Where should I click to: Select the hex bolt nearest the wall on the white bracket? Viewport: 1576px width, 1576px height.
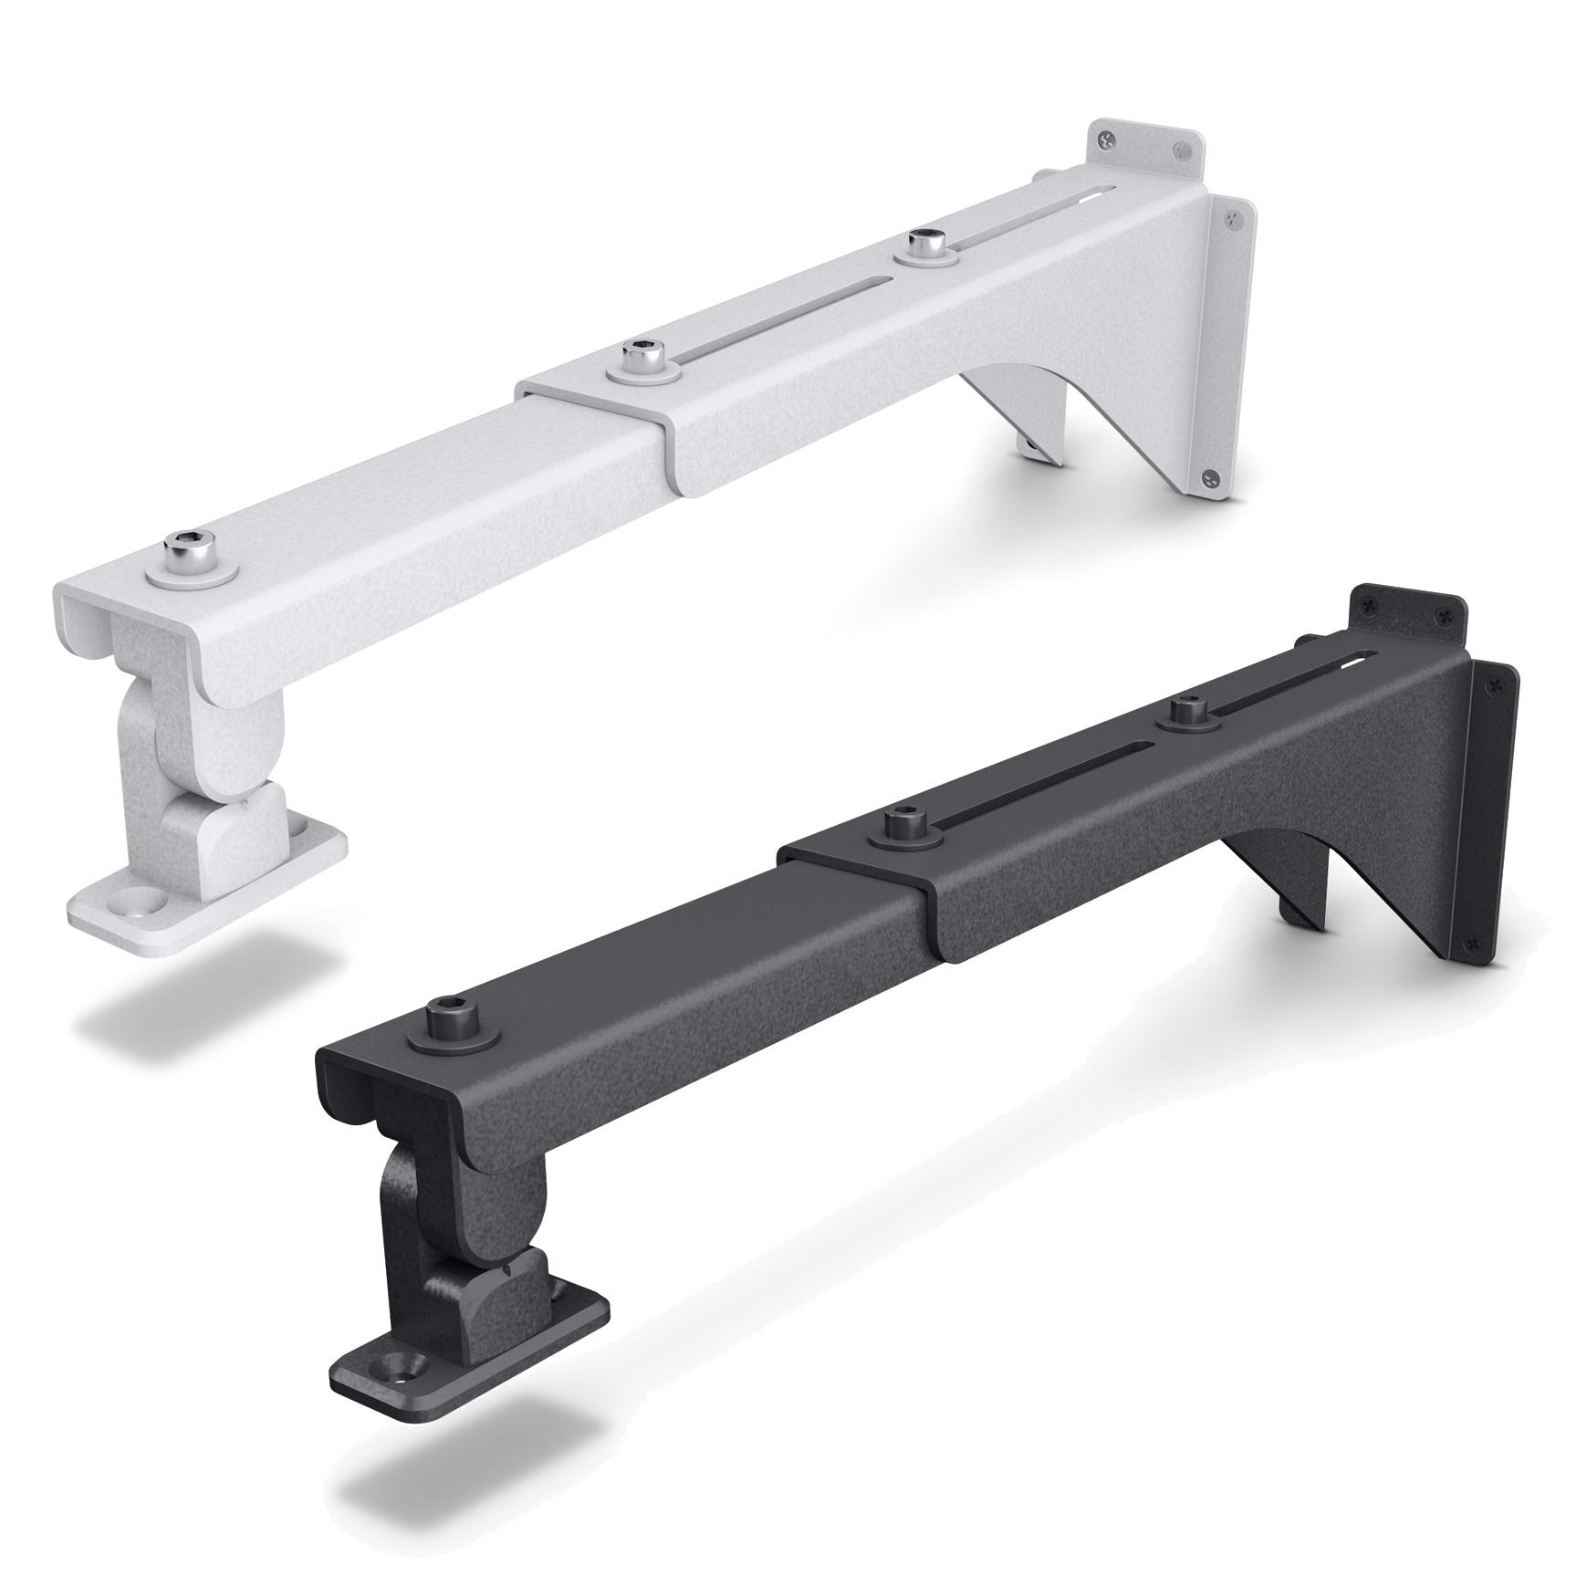[x=926, y=246]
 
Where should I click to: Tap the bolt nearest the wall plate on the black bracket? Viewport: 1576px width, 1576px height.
[x=1185, y=711]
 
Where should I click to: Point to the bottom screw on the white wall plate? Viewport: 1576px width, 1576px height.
[x=1211, y=478]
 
